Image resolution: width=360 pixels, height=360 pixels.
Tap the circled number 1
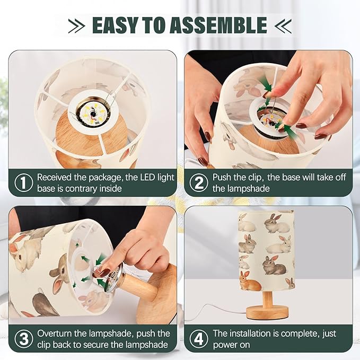point(24,182)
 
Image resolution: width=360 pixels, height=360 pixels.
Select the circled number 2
point(199,182)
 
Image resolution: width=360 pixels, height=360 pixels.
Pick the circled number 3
point(24,338)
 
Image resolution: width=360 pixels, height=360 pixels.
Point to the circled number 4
point(199,338)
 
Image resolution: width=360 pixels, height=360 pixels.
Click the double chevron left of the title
point(76,25)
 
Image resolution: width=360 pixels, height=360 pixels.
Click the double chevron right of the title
point(283,25)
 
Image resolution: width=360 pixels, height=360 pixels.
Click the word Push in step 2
point(222,178)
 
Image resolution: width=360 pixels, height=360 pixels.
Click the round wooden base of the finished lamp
point(267,312)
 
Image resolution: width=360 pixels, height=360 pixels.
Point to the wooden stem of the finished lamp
point(267,298)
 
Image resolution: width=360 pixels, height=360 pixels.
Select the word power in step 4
point(224,345)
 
